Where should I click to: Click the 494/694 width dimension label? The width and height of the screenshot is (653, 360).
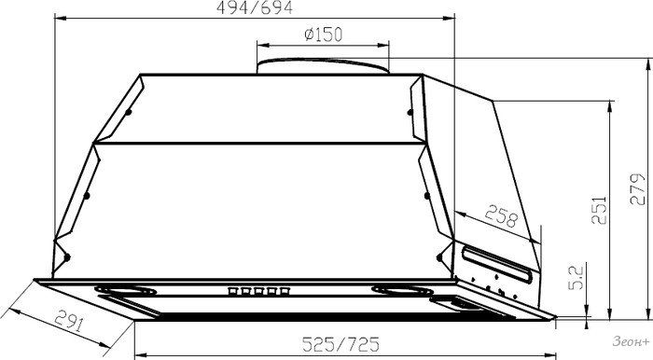click(x=255, y=7)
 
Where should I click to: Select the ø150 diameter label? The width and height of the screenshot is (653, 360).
click(x=323, y=35)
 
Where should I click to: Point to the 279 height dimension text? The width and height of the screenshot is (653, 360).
click(x=637, y=188)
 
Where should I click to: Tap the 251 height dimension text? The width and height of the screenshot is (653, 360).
click(x=599, y=209)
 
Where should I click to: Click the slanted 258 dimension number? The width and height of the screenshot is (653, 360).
click(x=501, y=215)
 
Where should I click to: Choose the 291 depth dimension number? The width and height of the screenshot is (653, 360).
click(x=69, y=320)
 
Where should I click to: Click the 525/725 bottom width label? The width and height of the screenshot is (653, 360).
click(x=340, y=344)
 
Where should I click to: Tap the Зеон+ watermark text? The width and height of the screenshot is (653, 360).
click(x=631, y=341)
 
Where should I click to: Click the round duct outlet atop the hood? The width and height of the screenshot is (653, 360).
click(x=323, y=66)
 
